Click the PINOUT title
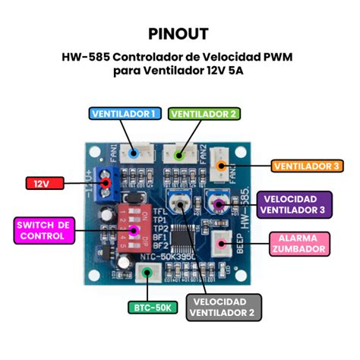(179, 34)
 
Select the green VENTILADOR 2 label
(204, 114)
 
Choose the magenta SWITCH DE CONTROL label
(43, 231)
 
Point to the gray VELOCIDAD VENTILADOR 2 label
(224, 307)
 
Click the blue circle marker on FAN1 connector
(134, 153)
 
